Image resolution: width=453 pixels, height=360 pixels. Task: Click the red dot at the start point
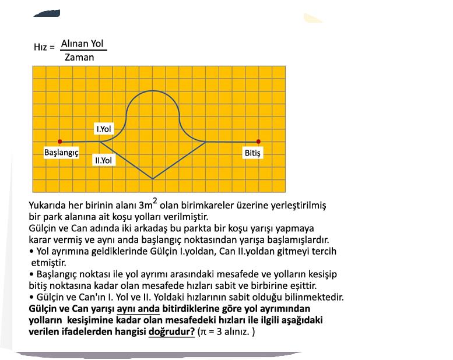click(x=60, y=142)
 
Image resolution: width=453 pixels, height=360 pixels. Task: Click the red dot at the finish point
click(x=258, y=142)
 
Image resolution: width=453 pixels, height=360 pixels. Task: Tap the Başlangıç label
click(x=61, y=153)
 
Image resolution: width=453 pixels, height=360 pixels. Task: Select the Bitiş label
click(x=253, y=153)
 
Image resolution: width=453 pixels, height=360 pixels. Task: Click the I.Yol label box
click(x=104, y=128)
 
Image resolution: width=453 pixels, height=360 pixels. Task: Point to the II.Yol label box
click(x=104, y=159)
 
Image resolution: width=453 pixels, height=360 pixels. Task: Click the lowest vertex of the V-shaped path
click(x=153, y=179)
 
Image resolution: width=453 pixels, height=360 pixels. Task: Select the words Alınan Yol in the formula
click(x=83, y=44)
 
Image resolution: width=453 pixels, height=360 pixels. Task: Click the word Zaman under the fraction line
click(x=79, y=57)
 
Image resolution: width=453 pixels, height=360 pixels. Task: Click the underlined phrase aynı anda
click(x=138, y=308)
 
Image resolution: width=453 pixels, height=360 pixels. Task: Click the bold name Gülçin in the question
click(x=43, y=308)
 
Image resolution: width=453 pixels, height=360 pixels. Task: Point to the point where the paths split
click(x=100, y=141)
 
